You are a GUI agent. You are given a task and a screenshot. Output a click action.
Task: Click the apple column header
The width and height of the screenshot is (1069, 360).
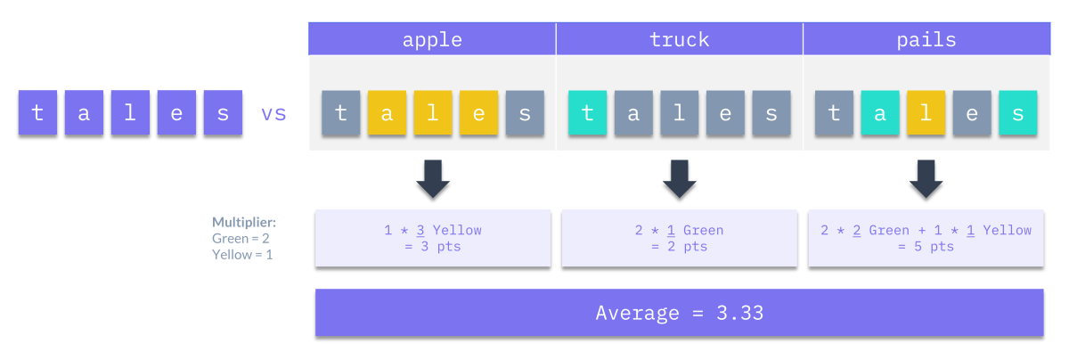coord(432,38)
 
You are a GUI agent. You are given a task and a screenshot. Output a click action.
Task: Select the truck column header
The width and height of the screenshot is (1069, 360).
coord(679,38)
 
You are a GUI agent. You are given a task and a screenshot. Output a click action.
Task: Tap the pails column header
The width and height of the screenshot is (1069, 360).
coord(926,38)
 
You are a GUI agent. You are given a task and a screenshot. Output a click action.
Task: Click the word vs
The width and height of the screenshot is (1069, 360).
coord(273,114)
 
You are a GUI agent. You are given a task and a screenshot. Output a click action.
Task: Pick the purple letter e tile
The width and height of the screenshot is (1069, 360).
coord(176,112)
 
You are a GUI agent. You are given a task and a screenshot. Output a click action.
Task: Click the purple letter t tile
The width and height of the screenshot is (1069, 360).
coord(37,112)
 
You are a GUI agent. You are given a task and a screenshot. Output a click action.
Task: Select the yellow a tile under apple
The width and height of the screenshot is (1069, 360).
coord(387,112)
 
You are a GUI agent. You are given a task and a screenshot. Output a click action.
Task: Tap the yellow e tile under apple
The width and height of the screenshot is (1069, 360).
coord(478,112)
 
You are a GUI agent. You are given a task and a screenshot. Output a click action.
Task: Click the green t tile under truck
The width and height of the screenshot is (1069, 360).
coord(587,112)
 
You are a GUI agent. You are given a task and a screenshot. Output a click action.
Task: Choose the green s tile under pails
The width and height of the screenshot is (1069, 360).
coord(1018,112)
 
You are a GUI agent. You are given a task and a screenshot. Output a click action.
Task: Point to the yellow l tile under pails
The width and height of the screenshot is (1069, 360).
coord(926,112)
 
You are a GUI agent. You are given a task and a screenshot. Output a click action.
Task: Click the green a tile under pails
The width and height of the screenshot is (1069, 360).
coord(880,112)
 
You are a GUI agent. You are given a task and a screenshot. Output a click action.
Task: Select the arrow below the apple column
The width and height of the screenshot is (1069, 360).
coord(433,178)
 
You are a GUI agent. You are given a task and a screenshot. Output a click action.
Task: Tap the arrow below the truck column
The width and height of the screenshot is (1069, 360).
coord(680,178)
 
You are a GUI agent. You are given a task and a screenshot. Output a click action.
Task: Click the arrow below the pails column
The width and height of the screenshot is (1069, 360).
coord(926,178)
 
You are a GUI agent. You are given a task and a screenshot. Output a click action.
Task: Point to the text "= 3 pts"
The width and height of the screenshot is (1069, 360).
coord(432,247)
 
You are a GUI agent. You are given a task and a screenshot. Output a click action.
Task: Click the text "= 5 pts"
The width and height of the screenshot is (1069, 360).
coord(926,247)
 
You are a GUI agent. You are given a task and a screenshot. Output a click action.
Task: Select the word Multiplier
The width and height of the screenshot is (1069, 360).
coord(244,223)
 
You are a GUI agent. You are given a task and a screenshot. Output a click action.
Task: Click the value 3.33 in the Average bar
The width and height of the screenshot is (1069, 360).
coord(739,313)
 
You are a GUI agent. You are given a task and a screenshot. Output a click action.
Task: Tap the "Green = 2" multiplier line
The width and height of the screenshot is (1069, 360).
coord(241,238)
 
